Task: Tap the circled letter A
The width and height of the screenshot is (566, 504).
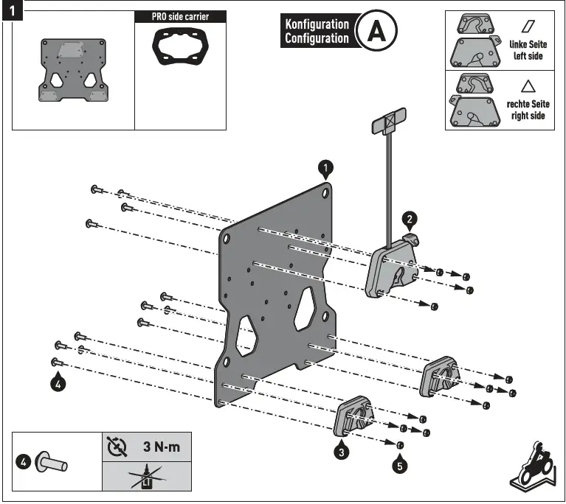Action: tap(376, 31)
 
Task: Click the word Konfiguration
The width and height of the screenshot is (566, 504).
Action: tap(317, 24)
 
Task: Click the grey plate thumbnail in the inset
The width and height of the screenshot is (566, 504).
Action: tap(72, 71)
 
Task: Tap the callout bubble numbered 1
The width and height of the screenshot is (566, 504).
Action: tap(325, 169)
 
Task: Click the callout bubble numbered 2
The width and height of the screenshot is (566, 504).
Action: tap(410, 218)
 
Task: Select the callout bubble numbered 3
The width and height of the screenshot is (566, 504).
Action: tap(341, 452)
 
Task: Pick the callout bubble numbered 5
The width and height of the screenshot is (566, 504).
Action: tap(399, 466)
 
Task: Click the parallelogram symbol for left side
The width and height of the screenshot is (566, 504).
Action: tap(528, 25)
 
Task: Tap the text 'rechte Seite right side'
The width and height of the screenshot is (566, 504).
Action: tap(528, 111)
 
